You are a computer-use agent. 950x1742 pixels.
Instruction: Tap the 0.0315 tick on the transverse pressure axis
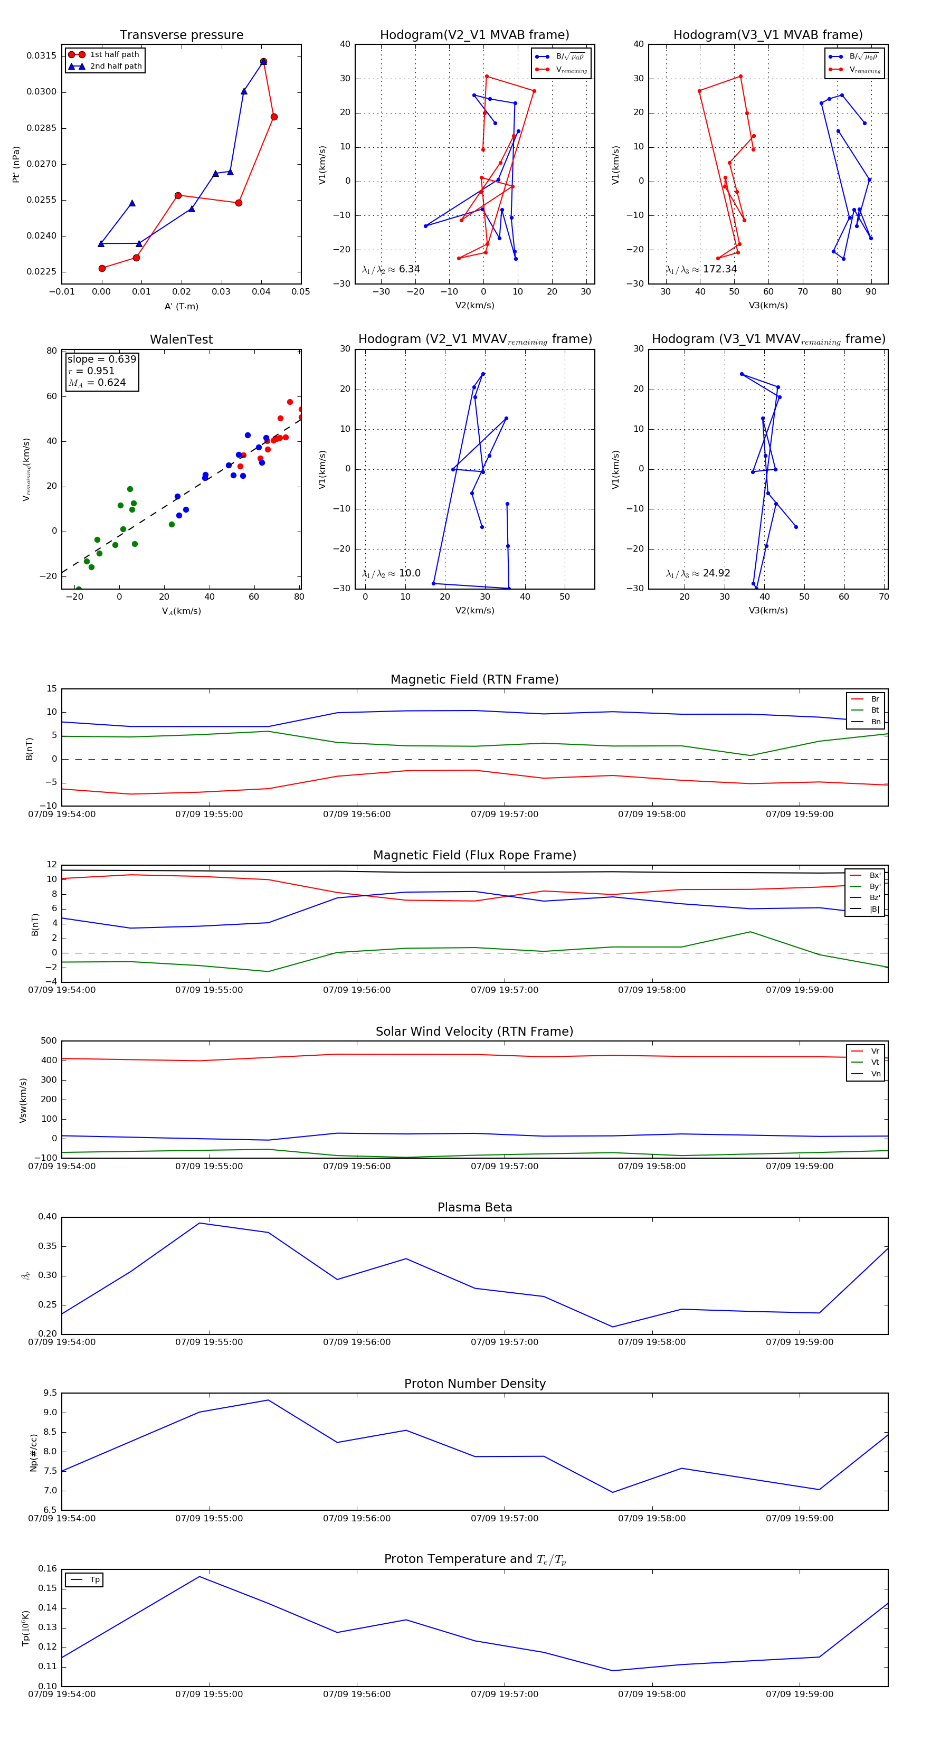[41, 55]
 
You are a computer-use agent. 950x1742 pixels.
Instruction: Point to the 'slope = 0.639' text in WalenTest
[101, 359]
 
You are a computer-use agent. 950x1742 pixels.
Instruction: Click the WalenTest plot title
[181, 339]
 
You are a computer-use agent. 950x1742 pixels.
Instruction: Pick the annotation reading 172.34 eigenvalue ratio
[701, 269]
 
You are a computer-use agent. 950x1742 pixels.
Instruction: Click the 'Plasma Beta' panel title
[474, 1208]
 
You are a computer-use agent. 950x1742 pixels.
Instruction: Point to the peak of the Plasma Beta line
[199, 1223]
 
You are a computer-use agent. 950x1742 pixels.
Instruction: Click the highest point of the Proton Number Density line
[269, 1400]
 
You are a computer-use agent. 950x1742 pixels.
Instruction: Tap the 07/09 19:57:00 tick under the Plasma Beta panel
[505, 1342]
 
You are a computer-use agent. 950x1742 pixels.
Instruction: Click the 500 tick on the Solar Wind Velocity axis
[48, 1041]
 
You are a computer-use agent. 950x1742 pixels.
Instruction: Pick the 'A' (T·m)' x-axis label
[181, 306]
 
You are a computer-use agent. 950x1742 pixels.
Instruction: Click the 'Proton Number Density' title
[474, 1384]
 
